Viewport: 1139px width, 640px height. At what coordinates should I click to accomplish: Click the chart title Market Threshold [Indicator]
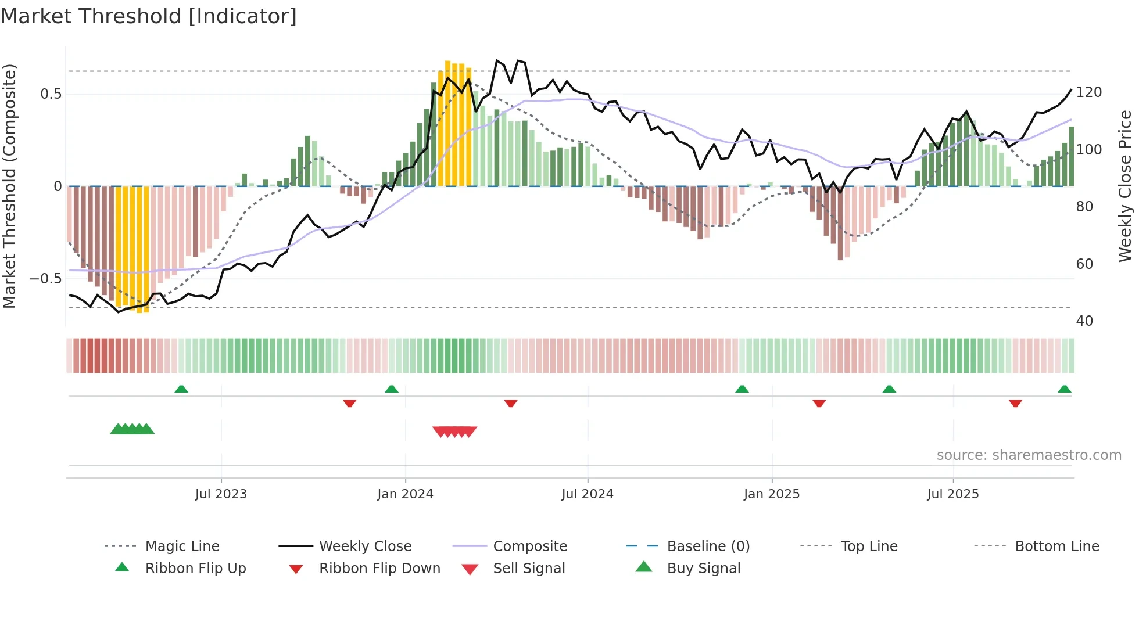pyautogui.click(x=149, y=16)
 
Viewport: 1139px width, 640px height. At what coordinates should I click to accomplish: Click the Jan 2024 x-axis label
pyautogui.click(x=405, y=494)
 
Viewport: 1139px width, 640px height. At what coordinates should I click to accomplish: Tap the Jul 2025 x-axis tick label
pyautogui.click(x=952, y=494)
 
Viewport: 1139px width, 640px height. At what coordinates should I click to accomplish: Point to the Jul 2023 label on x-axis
pyautogui.click(x=221, y=494)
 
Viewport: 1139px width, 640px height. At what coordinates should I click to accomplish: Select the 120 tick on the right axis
pyautogui.click(x=1088, y=92)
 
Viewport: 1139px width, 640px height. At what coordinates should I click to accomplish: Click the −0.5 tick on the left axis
pyautogui.click(x=45, y=279)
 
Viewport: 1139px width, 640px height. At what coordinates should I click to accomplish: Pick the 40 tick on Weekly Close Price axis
pyautogui.click(x=1084, y=321)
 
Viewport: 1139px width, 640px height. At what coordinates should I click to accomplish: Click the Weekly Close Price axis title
pyautogui.click(x=1125, y=186)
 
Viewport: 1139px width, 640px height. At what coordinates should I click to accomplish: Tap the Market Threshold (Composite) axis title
pyautogui.click(x=9, y=186)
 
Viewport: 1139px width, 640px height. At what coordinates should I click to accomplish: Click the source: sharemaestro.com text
pyautogui.click(x=1029, y=455)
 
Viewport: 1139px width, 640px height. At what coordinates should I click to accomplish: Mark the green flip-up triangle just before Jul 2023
pyautogui.click(x=181, y=389)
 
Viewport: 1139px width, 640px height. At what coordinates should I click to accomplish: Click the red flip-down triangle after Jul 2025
pyautogui.click(x=1015, y=403)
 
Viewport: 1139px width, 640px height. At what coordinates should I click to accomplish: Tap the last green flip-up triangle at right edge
pyautogui.click(x=1064, y=389)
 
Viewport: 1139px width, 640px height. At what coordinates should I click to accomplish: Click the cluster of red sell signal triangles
pyautogui.click(x=455, y=432)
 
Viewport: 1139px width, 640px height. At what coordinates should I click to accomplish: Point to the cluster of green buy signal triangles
pyautogui.click(x=132, y=429)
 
